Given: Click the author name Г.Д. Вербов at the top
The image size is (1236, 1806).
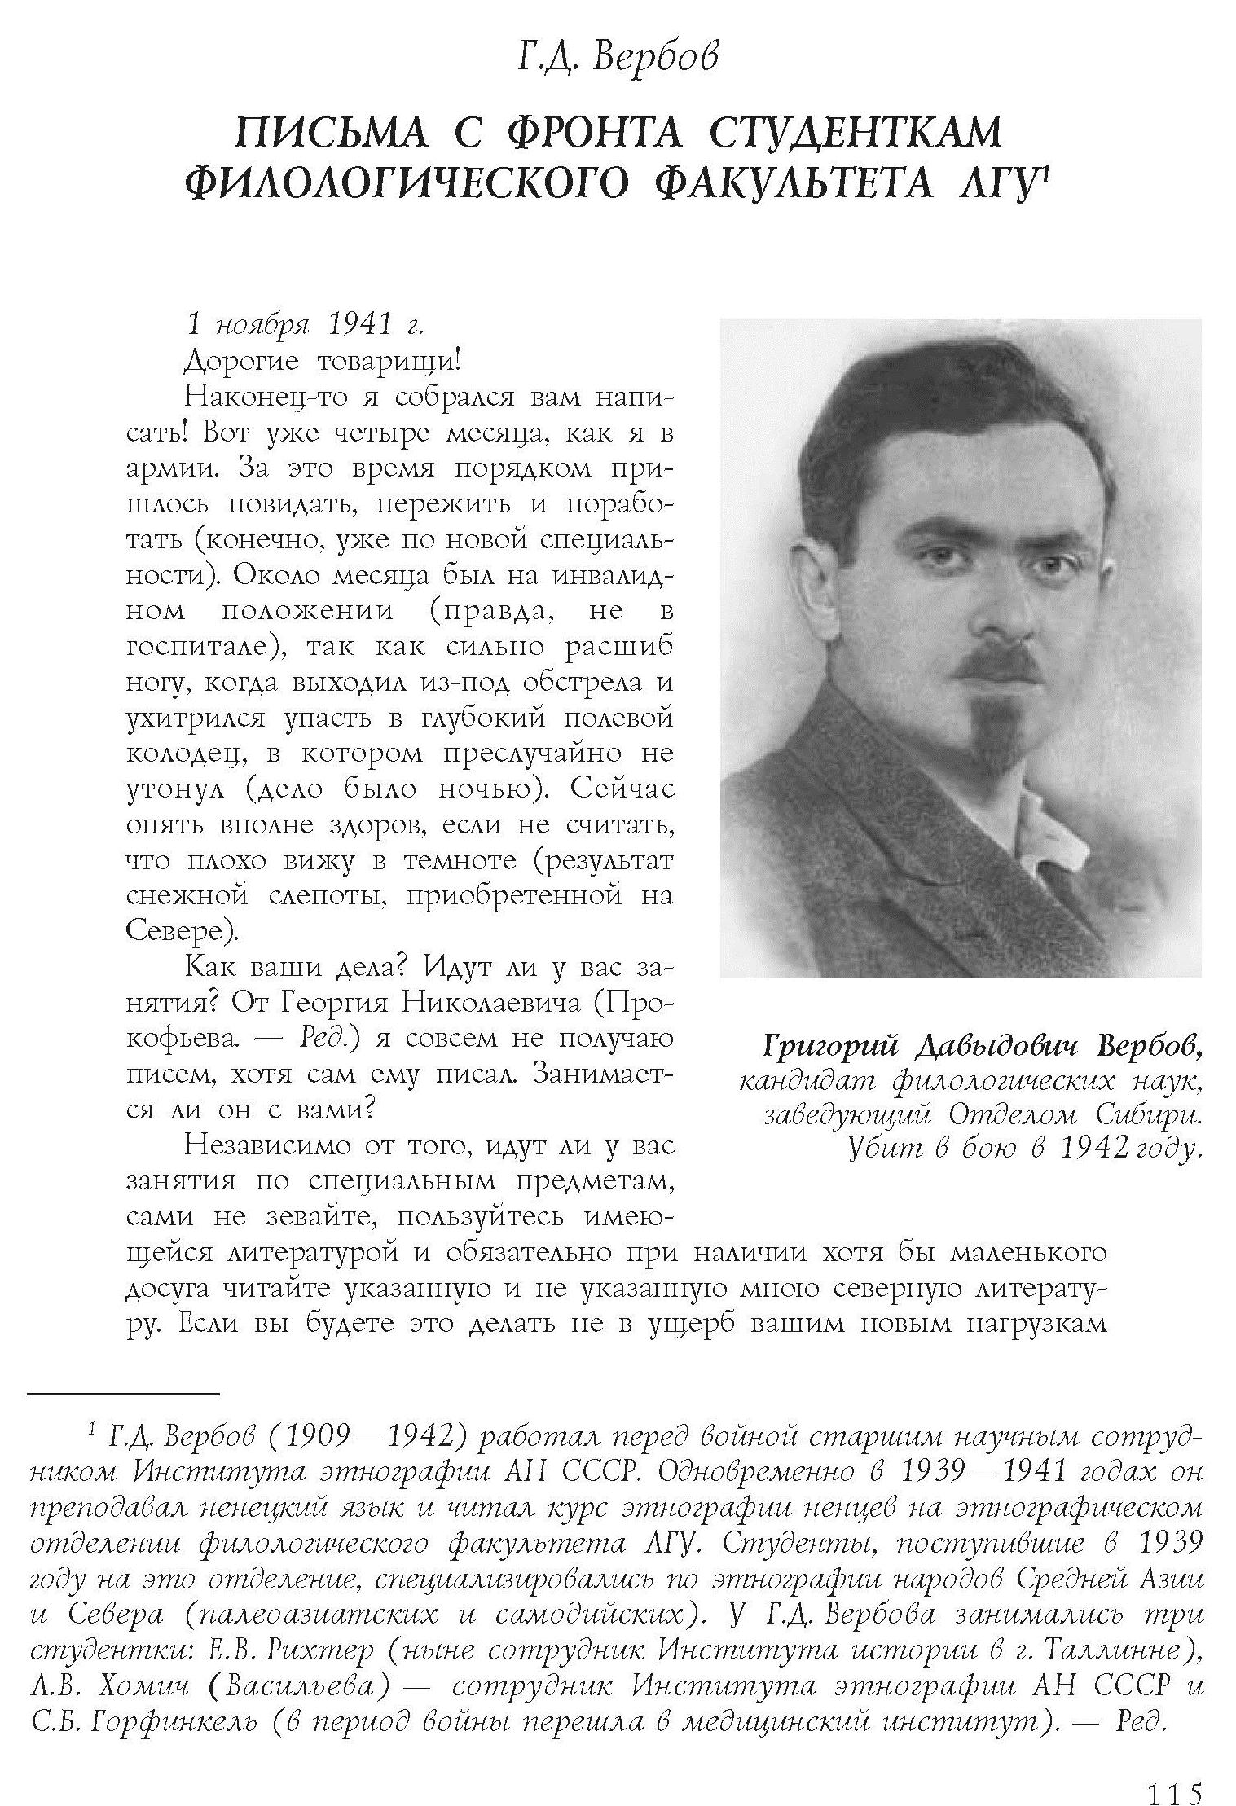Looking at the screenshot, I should coord(618,58).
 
